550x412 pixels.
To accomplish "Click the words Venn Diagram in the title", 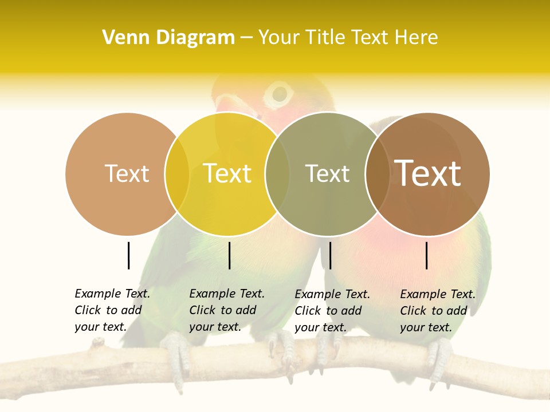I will point(168,38).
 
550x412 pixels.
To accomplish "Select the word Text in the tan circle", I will point(127,173).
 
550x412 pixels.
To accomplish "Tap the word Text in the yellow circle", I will point(227,173).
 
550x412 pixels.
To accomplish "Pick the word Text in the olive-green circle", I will point(327,173).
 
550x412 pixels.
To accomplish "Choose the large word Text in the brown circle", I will point(427,173).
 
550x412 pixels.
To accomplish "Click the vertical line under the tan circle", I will point(128,255).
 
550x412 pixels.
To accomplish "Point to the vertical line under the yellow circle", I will point(229,255).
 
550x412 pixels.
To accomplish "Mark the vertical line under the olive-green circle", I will point(330,255).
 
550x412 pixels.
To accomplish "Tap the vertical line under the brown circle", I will point(427,255).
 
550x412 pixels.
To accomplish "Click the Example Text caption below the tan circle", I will point(112,310).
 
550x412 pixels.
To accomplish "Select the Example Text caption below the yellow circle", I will point(226,310).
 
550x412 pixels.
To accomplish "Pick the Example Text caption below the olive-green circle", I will point(332,311).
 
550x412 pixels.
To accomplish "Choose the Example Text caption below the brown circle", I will point(437,311).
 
